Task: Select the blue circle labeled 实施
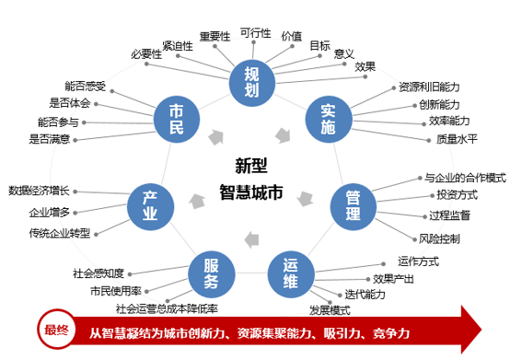328,118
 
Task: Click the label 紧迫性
177,45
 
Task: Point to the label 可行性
255,33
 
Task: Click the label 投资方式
457,195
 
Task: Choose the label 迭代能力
362,295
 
